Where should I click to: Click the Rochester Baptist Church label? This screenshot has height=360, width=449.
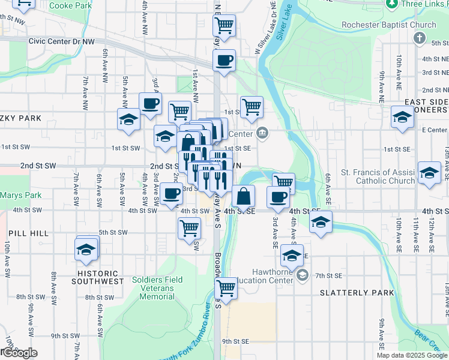pos(388,25)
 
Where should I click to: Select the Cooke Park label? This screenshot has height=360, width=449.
pos(70,5)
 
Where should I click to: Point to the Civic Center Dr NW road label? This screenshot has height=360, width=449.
pos(62,42)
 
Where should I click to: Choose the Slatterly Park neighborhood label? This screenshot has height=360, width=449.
pos(357,293)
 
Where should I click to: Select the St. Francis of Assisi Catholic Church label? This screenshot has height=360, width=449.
pos(378,176)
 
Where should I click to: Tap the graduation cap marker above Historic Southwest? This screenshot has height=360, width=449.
pos(86,248)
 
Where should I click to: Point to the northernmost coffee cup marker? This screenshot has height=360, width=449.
pos(224,60)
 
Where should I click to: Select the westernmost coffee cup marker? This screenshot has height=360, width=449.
pos(150,103)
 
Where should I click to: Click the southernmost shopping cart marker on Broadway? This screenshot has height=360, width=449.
pos(226,288)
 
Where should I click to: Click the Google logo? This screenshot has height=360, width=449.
pos(19,353)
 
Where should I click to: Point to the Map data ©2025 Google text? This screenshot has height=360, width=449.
pos(412,355)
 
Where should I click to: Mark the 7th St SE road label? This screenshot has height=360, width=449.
pos(328,275)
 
